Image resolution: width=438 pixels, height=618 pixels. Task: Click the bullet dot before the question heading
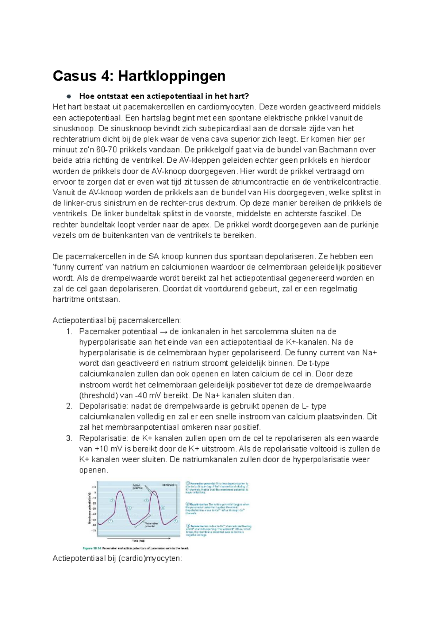pyautogui.click(x=68, y=96)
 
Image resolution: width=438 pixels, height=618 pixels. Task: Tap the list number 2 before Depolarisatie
pyautogui.click(x=69, y=406)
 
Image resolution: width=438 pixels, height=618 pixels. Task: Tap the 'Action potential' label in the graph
pyautogui.click(x=138, y=487)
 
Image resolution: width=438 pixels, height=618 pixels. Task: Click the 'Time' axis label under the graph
pyautogui.click(x=136, y=541)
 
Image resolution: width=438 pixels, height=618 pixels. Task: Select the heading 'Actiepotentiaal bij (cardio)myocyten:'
pyautogui.click(x=117, y=559)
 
